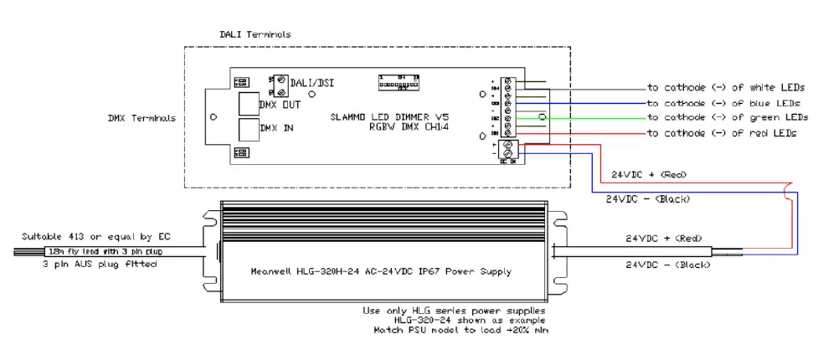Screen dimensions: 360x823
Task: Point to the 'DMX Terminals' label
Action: click(x=141, y=118)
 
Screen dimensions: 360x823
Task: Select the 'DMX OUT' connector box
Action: click(x=249, y=105)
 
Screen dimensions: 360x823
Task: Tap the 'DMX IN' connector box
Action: click(x=249, y=129)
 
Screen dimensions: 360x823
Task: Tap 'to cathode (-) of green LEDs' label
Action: click(x=727, y=117)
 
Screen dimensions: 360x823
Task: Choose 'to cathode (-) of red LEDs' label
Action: click(x=722, y=133)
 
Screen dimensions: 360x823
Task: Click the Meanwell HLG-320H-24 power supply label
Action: click(x=381, y=271)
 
